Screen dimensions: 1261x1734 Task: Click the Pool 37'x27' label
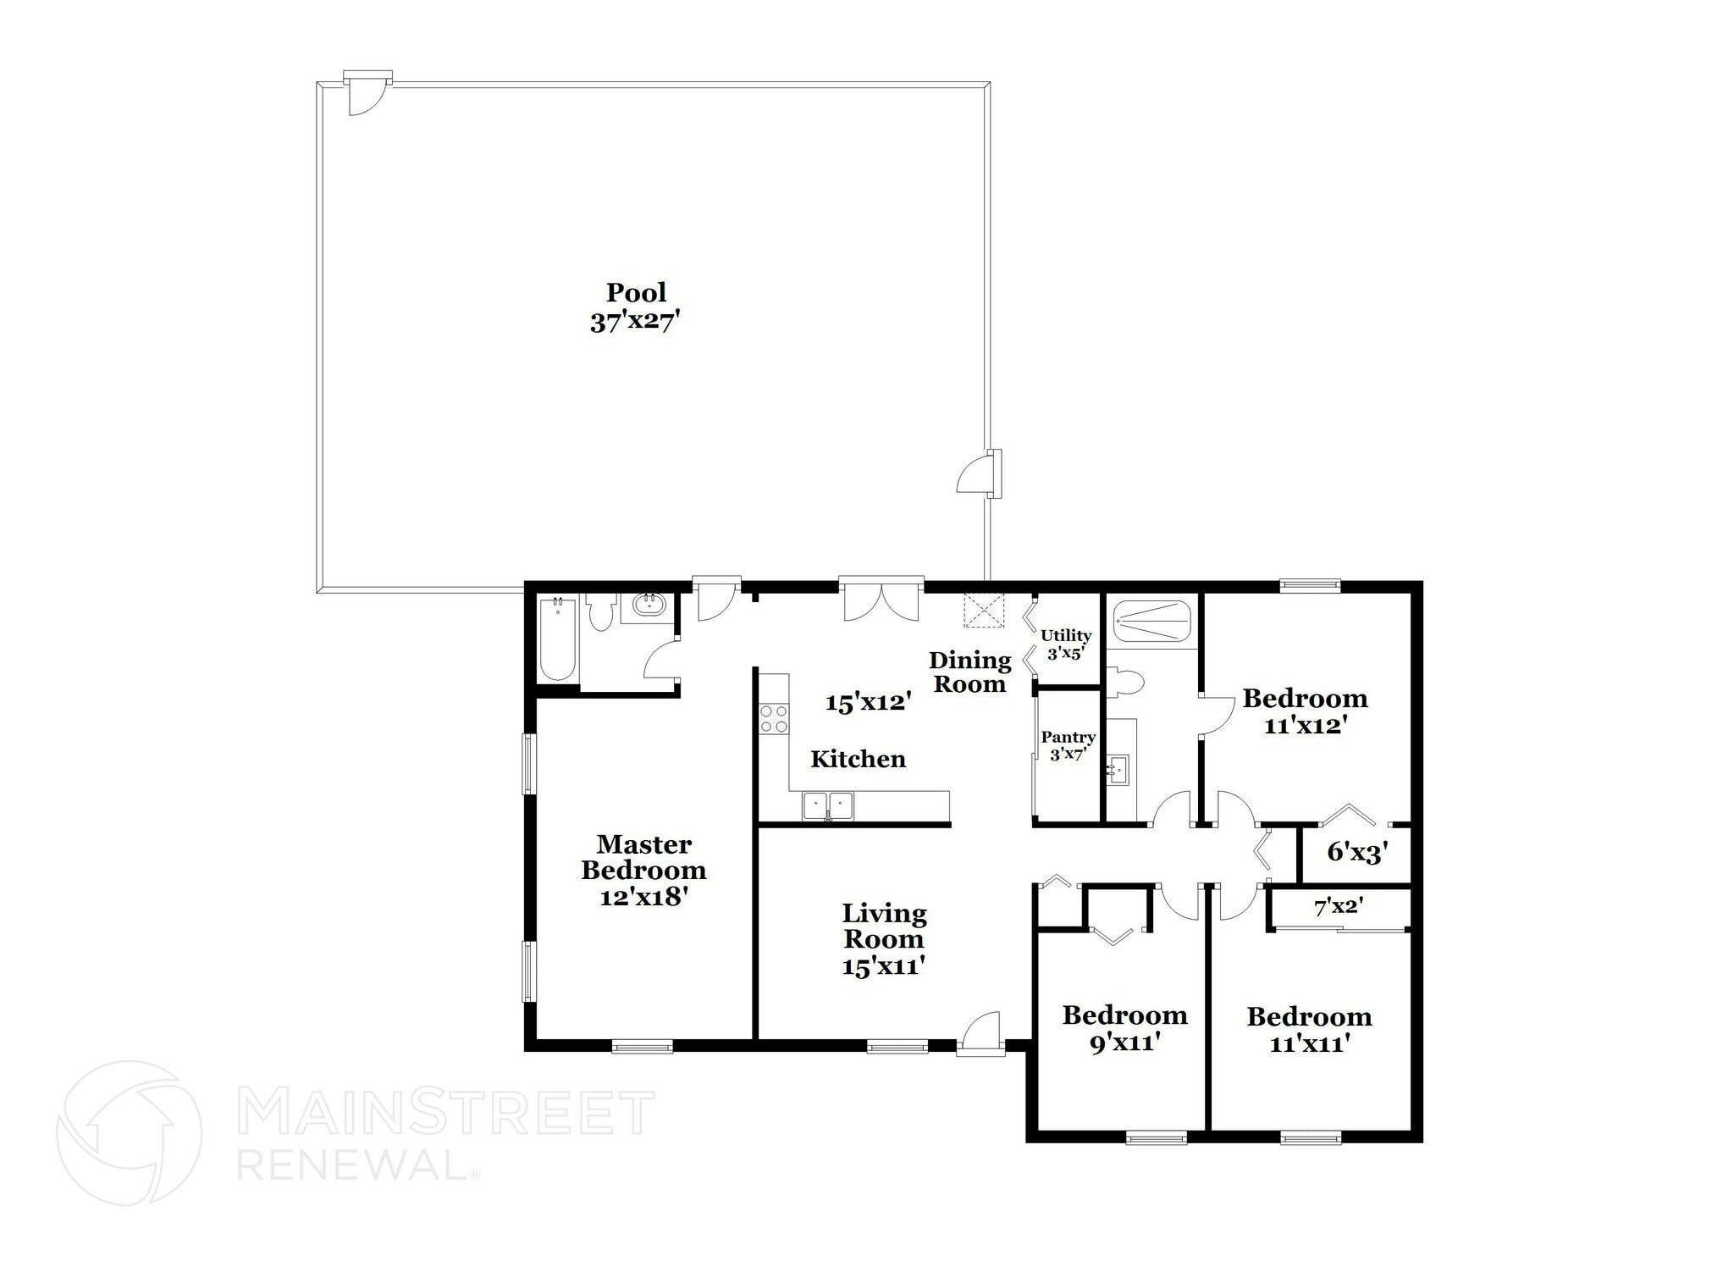(636, 307)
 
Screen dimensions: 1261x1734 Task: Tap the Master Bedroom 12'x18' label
(643, 870)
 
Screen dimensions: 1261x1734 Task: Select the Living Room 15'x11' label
(883, 939)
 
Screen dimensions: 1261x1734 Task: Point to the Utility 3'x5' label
(1066, 644)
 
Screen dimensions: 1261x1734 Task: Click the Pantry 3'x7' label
(1069, 745)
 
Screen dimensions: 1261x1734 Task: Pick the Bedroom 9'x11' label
(1124, 1028)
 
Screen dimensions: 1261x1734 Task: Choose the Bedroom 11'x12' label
(1305, 711)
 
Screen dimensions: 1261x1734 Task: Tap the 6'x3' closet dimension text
(1357, 852)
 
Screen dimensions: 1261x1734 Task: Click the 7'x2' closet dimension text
(1338, 907)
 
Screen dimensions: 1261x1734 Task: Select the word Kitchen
(858, 759)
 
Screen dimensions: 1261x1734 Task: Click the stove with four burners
(773, 719)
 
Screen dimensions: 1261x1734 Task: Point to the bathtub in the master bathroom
(558, 639)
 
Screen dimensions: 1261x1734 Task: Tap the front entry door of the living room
(980, 1034)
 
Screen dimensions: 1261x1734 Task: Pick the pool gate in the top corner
(366, 93)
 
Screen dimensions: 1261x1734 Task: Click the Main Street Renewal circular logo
(129, 1133)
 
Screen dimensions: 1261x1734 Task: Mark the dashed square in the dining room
(984, 611)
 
